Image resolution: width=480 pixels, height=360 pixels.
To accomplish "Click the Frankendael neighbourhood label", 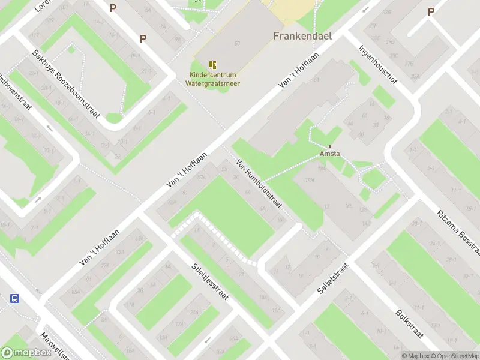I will click(302, 35).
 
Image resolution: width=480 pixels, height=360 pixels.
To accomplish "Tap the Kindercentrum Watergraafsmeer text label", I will click(214, 79).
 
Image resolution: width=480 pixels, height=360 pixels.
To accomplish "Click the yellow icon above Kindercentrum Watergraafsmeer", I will click(212, 65).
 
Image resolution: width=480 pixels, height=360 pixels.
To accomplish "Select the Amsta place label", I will click(330, 154).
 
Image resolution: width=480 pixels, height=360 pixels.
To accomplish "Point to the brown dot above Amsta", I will click(329, 146).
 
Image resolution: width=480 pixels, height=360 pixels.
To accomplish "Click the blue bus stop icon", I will click(15, 298).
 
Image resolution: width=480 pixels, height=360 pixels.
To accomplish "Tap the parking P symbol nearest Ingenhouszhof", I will click(431, 12).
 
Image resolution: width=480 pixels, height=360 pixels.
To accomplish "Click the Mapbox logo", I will click(26, 353).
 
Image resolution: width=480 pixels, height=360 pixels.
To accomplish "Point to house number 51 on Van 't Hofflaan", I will click(316, 79).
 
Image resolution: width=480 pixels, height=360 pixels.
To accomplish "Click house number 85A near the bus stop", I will click(75, 292).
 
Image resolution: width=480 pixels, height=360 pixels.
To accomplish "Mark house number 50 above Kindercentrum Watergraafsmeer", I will click(238, 44).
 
